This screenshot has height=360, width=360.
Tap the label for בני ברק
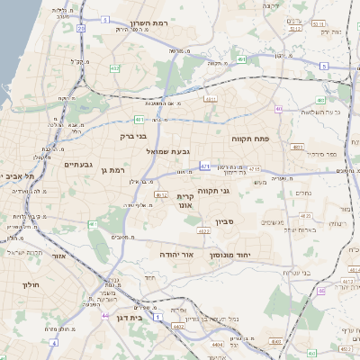tap(131, 137)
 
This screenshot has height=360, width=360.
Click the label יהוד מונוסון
tap(238, 256)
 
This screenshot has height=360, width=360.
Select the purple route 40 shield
tap(279, 110)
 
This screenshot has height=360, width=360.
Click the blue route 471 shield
tap(205, 166)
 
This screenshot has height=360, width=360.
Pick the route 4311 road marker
tap(211, 99)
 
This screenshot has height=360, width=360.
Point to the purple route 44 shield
tap(105, 316)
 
